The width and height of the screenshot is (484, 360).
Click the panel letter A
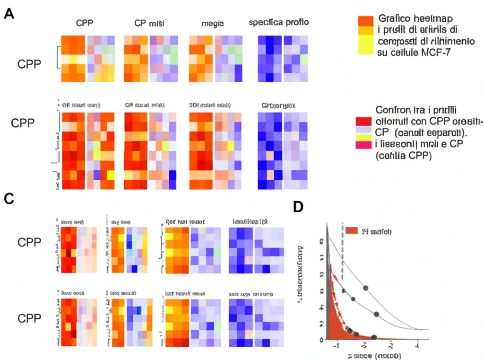tap(9, 14)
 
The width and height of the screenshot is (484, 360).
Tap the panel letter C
tap(9, 198)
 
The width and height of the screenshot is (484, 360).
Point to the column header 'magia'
tap(212, 23)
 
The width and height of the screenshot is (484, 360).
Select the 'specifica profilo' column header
tap(279, 23)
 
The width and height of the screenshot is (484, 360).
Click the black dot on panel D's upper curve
tap(365, 287)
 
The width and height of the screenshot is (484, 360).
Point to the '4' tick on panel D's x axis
tap(417, 346)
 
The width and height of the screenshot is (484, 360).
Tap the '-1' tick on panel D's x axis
tap(337, 346)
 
